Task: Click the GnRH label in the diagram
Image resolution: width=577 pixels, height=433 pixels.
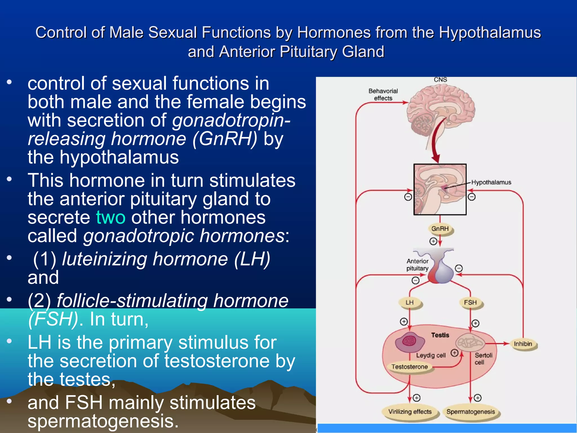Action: click(440, 229)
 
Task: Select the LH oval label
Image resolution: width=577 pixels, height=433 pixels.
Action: click(410, 302)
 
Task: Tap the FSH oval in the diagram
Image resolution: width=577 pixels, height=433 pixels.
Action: click(470, 302)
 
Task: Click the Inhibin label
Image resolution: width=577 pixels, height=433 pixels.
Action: click(523, 344)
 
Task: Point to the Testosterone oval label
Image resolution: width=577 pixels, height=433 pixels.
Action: click(409, 367)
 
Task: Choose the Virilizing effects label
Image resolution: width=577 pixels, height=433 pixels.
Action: click(410, 412)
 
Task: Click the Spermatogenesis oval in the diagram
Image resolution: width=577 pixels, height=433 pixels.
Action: click(471, 412)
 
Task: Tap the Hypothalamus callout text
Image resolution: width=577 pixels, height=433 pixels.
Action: click(491, 182)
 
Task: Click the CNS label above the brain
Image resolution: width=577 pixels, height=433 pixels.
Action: click(440, 80)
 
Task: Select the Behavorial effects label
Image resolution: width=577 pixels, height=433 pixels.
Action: click(383, 94)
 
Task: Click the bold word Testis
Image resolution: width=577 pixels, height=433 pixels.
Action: click(440, 335)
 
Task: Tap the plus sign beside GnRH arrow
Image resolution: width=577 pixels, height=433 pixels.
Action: click(433, 241)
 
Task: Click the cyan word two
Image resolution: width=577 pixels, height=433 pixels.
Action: click(110, 217)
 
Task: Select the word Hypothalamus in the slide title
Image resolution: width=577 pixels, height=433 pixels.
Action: click(490, 32)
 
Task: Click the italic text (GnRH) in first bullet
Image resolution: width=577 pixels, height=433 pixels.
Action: click(225, 139)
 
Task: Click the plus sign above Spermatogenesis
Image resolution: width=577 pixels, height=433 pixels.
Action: click(478, 398)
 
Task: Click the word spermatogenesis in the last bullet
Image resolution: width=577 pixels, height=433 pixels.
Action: click(103, 421)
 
